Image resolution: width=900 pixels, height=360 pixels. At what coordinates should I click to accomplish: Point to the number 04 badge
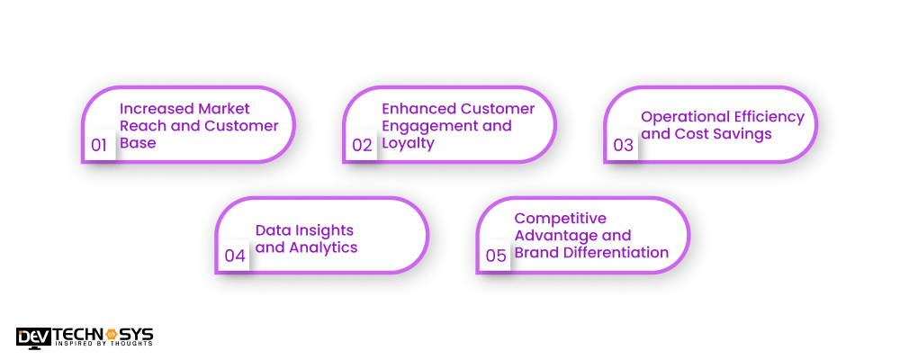click(235, 256)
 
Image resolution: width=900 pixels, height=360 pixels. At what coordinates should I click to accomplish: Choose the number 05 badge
click(496, 256)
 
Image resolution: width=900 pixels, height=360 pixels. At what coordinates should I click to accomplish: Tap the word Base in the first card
click(138, 143)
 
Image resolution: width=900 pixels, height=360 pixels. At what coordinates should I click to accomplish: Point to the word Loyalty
click(409, 143)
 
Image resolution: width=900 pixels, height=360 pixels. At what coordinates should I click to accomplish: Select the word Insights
click(323, 230)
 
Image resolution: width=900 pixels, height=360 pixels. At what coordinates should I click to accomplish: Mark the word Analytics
click(323, 247)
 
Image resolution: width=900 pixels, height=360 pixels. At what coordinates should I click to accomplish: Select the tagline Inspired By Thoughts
click(103, 344)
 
